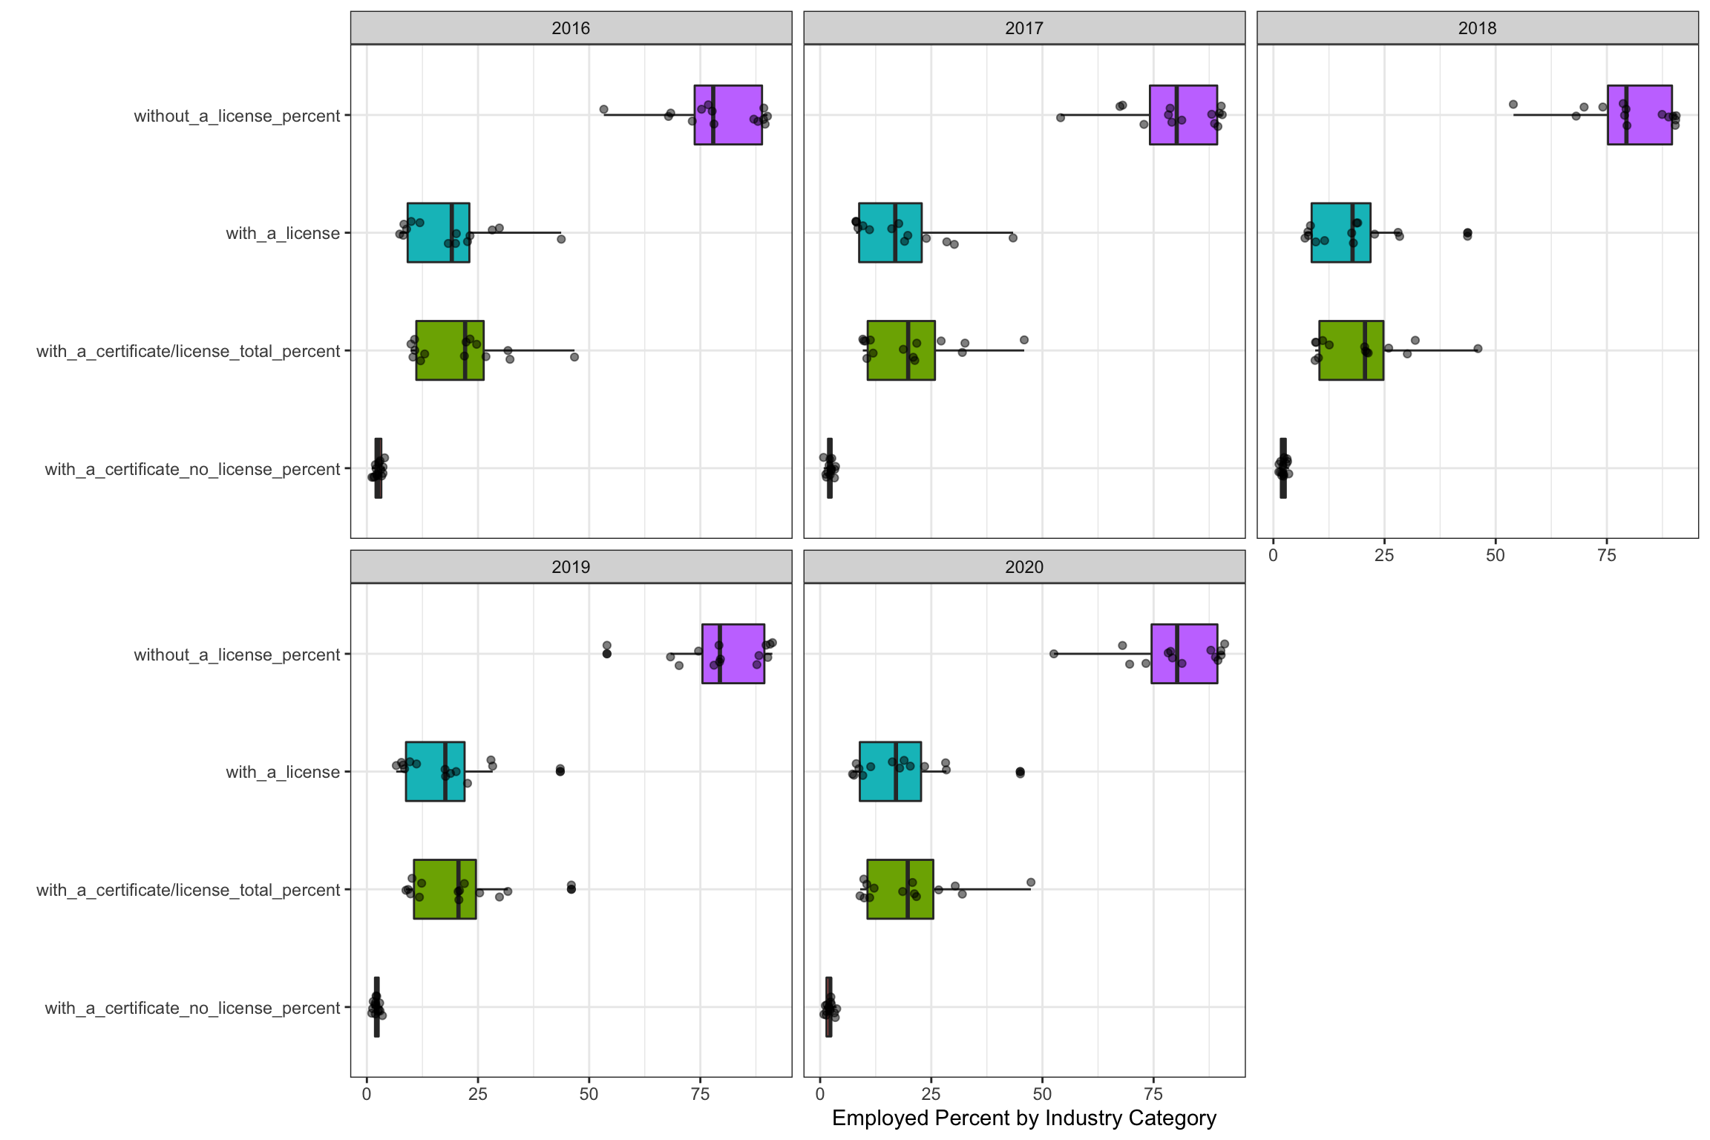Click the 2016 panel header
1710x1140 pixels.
tap(571, 28)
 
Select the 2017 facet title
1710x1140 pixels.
tap(1024, 28)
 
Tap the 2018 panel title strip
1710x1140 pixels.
tap(1477, 28)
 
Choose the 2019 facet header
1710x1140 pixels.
tap(571, 567)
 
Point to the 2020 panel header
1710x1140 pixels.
tap(1024, 567)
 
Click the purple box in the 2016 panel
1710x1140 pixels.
tap(728, 115)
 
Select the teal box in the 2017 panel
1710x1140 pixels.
tap(890, 232)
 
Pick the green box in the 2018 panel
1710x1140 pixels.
tap(1351, 350)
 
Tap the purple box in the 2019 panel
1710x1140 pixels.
tap(733, 654)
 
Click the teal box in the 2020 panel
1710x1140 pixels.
tap(890, 771)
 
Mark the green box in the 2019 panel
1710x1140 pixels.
tap(445, 889)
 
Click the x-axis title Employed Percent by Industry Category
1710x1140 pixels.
tap(1024, 1118)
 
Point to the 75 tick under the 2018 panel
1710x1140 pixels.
tap(1607, 555)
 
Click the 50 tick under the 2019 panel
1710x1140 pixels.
tap(589, 1094)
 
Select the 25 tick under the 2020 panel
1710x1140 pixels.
tap(931, 1094)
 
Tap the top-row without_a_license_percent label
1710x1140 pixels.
tap(237, 116)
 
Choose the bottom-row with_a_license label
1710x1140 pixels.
tap(283, 772)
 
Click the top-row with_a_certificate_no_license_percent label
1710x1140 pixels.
tap(192, 469)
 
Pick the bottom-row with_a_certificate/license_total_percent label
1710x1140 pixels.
tap(188, 890)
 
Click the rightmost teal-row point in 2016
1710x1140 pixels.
tap(561, 239)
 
